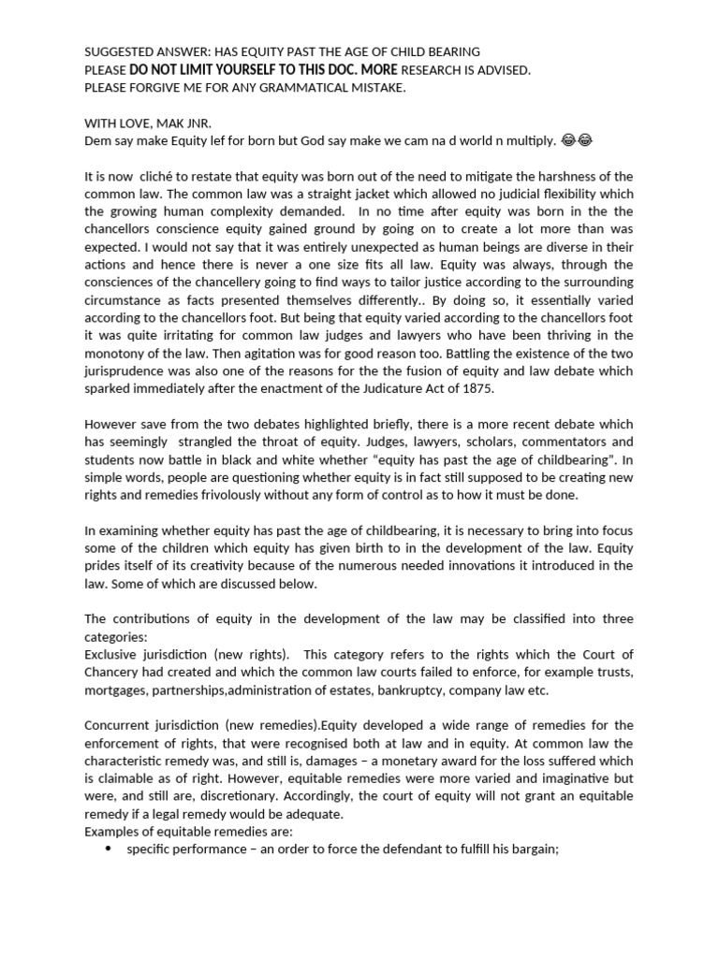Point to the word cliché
click(185, 176)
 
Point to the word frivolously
click(263, 495)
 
